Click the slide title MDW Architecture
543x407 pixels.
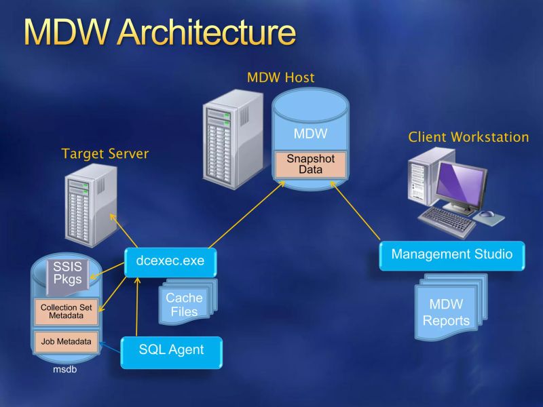(160, 33)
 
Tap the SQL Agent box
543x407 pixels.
(171, 351)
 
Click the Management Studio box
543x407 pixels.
(451, 255)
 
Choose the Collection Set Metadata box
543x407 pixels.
(67, 311)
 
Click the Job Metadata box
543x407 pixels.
(67, 341)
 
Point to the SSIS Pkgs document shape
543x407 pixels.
(67, 274)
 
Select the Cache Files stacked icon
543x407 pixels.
(185, 303)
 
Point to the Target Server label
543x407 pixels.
(105, 154)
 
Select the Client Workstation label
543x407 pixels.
(468, 138)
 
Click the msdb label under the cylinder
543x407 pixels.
(64, 370)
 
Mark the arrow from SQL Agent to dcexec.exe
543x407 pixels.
(138, 305)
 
